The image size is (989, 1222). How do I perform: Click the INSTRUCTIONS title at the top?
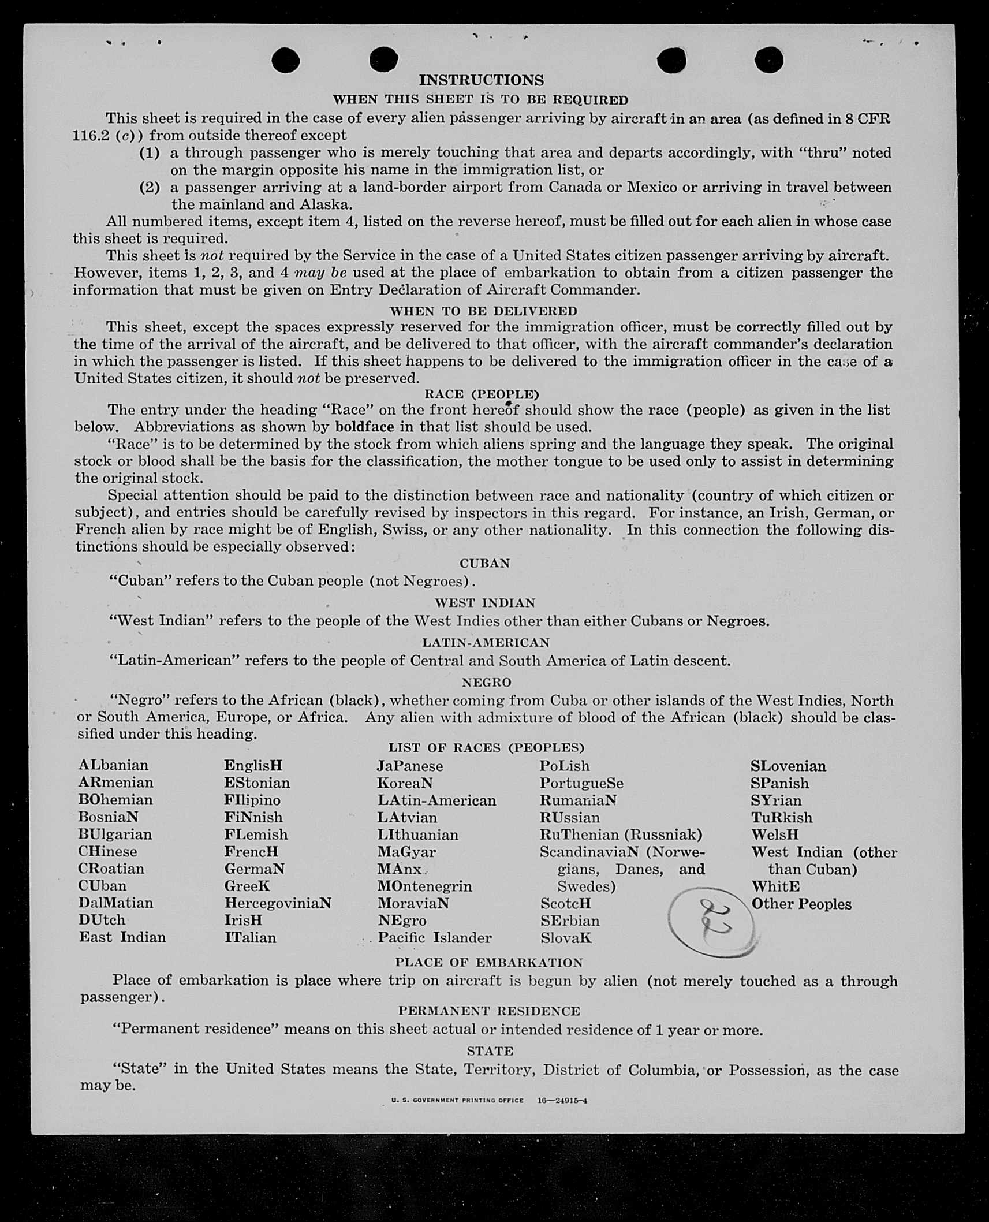pyautogui.click(x=481, y=80)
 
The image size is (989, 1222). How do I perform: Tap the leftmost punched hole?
pyautogui.click(x=285, y=60)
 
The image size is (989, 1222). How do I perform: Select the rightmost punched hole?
pyautogui.click(x=768, y=60)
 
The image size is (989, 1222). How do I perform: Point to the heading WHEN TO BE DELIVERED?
pyautogui.click(x=483, y=311)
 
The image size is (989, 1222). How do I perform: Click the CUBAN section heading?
pyautogui.click(x=484, y=563)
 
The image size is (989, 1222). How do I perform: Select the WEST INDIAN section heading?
pyautogui.click(x=485, y=603)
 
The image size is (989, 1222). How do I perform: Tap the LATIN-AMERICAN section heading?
pyautogui.click(x=486, y=642)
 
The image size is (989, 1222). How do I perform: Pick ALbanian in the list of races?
pyautogui.click(x=113, y=765)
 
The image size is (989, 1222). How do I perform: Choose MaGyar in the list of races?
pyautogui.click(x=406, y=852)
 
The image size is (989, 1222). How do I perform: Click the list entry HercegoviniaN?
pyautogui.click(x=278, y=903)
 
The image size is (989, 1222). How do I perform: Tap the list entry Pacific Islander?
pyautogui.click(x=434, y=938)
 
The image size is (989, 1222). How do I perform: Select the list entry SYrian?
pyautogui.click(x=776, y=800)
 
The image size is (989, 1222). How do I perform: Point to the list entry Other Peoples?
pyautogui.click(x=801, y=904)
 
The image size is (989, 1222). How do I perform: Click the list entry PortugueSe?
pyautogui.click(x=581, y=783)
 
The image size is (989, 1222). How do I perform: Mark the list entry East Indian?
pyautogui.click(x=122, y=937)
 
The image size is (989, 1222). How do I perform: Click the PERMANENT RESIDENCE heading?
pyautogui.click(x=488, y=1011)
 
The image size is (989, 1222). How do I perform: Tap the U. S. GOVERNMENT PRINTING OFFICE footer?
pyautogui.click(x=457, y=1100)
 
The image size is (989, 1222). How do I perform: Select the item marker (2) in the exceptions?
pyautogui.click(x=150, y=187)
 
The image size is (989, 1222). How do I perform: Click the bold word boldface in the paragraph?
pyautogui.click(x=364, y=427)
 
